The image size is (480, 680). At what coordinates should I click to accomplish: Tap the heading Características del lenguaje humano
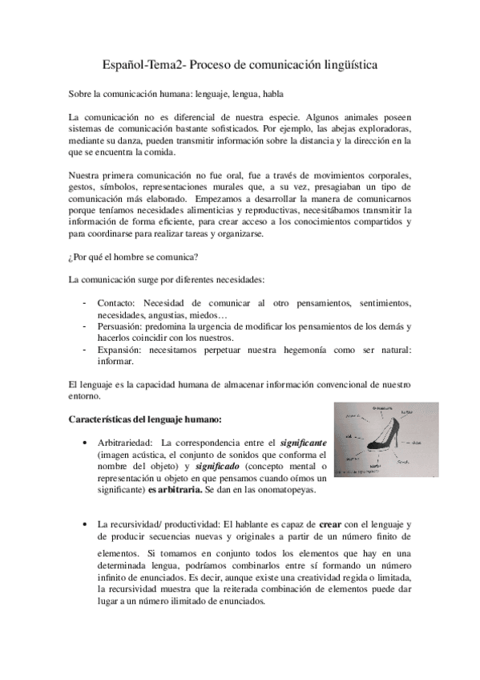point(144,419)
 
